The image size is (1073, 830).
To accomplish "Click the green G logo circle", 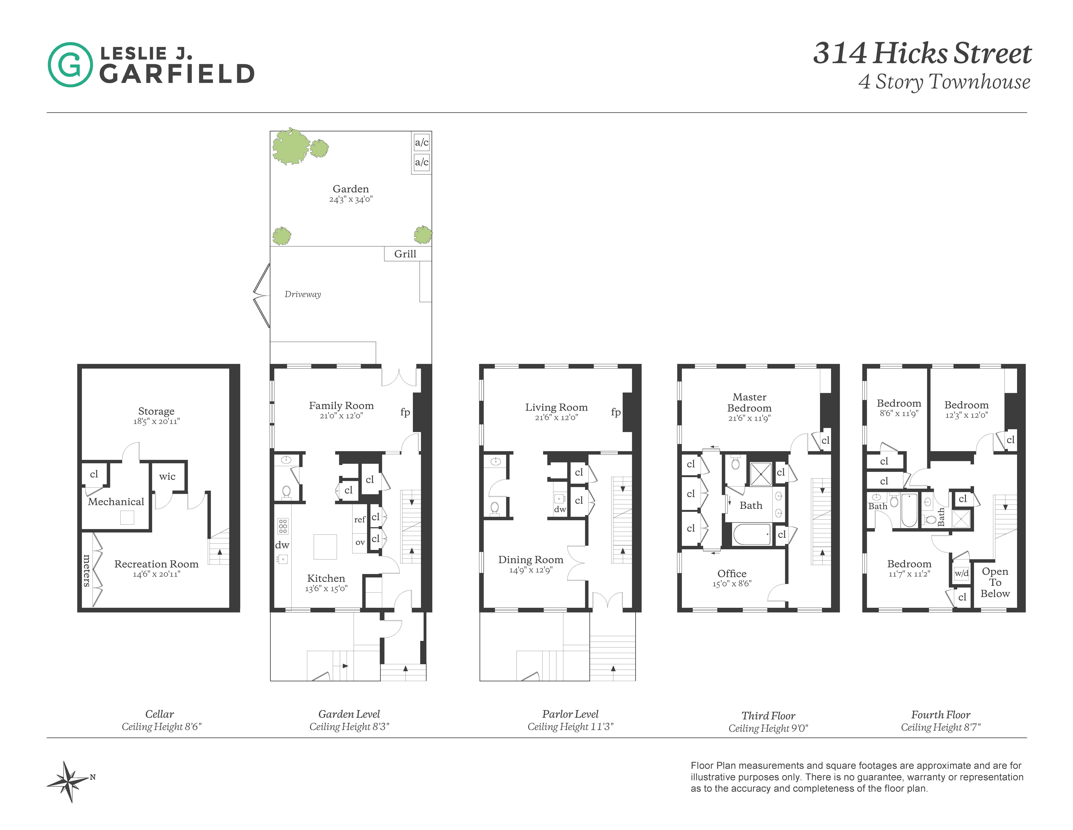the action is pyautogui.click(x=70, y=64).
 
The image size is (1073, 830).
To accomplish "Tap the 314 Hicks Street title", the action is pyautogui.click(x=922, y=53).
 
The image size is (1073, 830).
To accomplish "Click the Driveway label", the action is pyautogui.click(x=303, y=294).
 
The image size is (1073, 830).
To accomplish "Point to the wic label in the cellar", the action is pyautogui.click(x=167, y=476).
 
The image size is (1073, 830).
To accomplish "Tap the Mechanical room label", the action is pyautogui.click(x=116, y=502).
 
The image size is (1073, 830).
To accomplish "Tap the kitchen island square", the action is pyautogui.click(x=325, y=547).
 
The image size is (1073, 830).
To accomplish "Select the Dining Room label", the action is pyautogui.click(x=531, y=560).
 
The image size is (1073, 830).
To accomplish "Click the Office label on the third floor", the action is pyautogui.click(x=732, y=573).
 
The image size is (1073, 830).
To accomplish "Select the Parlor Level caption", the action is pyautogui.click(x=570, y=714).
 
